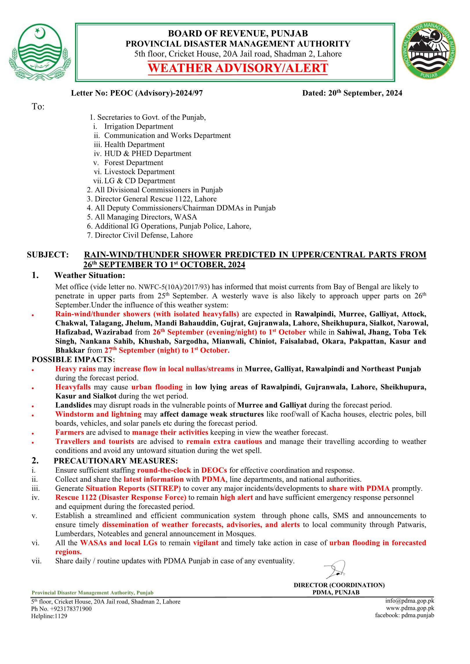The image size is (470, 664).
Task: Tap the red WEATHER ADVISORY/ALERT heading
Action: tap(238, 68)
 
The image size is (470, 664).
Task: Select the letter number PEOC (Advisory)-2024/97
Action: tap(157, 93)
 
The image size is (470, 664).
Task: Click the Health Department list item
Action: tap(134, 145)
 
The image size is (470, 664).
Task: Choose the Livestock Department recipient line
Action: tap(139, 172)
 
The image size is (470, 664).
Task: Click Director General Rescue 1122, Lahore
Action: tap(152, 199)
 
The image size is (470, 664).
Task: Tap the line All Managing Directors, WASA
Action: tap(142, 217)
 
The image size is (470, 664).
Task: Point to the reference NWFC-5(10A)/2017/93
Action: tap(174, 287)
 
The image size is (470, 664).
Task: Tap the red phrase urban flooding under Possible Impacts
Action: tap(157, 387)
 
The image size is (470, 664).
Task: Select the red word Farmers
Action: tap(70, 433)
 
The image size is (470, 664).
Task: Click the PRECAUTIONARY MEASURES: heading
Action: tap(116, 461)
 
